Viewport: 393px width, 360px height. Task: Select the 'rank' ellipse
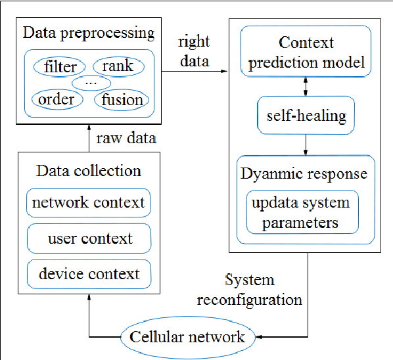pos(118,66)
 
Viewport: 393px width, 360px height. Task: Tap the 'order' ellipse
pos(57,99)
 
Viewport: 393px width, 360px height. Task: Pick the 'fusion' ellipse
pos(122,100)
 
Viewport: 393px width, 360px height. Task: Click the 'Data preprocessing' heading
pos(88,33)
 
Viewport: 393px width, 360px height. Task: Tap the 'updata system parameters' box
pos(303,212)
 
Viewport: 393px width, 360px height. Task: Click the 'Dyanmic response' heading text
pos(304,174)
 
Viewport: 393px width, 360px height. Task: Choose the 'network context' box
pos(88,202)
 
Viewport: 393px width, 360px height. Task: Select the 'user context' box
pos(89,238)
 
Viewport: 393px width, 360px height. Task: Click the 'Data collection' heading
pos(88,171)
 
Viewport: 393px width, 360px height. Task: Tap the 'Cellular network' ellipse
pos(187,338)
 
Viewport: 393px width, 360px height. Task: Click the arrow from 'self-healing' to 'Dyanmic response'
pos(304,145)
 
